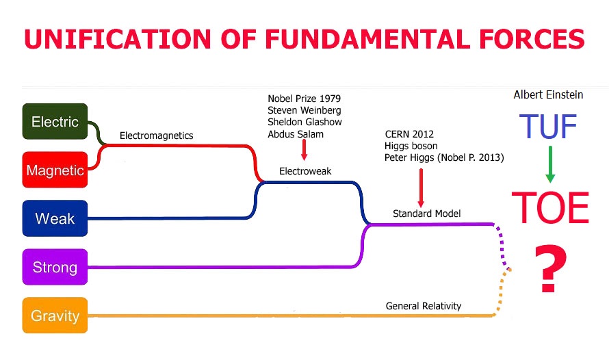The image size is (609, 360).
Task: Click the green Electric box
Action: coord(55,122)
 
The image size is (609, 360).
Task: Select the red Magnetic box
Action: coord(55,170)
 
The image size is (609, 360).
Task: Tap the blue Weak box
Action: coord(55,218)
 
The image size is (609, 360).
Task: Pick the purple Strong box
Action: coord(55,267)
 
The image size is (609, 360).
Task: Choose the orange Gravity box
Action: coord(55,316)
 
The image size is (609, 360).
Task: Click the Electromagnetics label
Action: coord(156,136)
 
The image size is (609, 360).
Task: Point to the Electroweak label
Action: coord(305,171)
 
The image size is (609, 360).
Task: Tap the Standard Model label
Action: coord(426,214)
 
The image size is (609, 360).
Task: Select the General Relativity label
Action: coord(424,306)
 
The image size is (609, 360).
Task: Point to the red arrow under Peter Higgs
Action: coord(420,186)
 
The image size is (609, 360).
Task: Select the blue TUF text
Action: coord(548,127)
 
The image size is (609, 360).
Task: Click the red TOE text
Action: coord(550,207)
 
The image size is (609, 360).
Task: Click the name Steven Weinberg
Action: coord(304,110)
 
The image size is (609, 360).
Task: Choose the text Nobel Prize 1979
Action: coord(304,99)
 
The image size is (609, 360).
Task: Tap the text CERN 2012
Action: coord(409,134)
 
